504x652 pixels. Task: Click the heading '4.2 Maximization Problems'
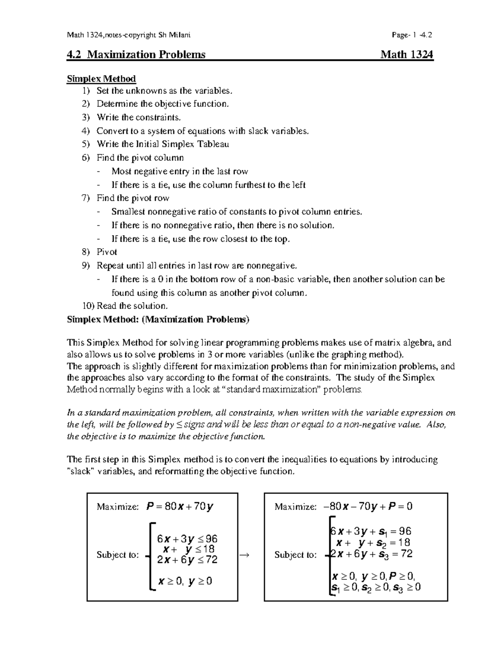point(136,55)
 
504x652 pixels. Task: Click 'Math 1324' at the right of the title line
point(407,55)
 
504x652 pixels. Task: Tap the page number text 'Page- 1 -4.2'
point(411,35)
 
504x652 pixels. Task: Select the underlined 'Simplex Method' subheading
point(101,79)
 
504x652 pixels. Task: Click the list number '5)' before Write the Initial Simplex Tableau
point(86,144)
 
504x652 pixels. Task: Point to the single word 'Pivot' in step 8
point(107,252)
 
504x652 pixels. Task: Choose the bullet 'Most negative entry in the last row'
point(179,171)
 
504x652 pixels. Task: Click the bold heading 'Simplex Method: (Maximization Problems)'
point(158,319)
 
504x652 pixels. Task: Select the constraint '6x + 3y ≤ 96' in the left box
point(187,539)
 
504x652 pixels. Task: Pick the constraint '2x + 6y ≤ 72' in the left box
point(187,559)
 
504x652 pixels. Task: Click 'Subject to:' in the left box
point(117,555)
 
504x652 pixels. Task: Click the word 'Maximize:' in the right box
point(295,507)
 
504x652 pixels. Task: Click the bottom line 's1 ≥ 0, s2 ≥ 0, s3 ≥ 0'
point(376,587)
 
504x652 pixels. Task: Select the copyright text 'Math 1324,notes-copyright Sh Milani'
point(129,35)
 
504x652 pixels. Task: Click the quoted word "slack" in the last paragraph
point(80,471)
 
